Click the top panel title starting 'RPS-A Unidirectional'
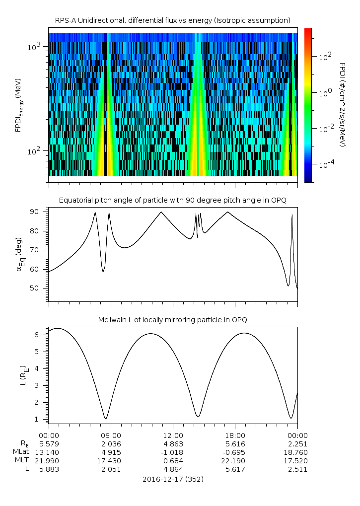click(x=172, y=20)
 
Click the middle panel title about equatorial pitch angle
click(x=172, y=200)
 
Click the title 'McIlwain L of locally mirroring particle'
click(x=172, y=320)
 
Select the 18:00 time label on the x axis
click(x=235, y=435)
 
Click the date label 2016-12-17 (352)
click(x=172, y=480)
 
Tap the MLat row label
click(x=21, y=452)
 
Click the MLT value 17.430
click(x=111, y=461)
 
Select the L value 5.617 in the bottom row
click(x=235, y=470)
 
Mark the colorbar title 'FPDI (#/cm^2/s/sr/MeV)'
click(x=342, y=104)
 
